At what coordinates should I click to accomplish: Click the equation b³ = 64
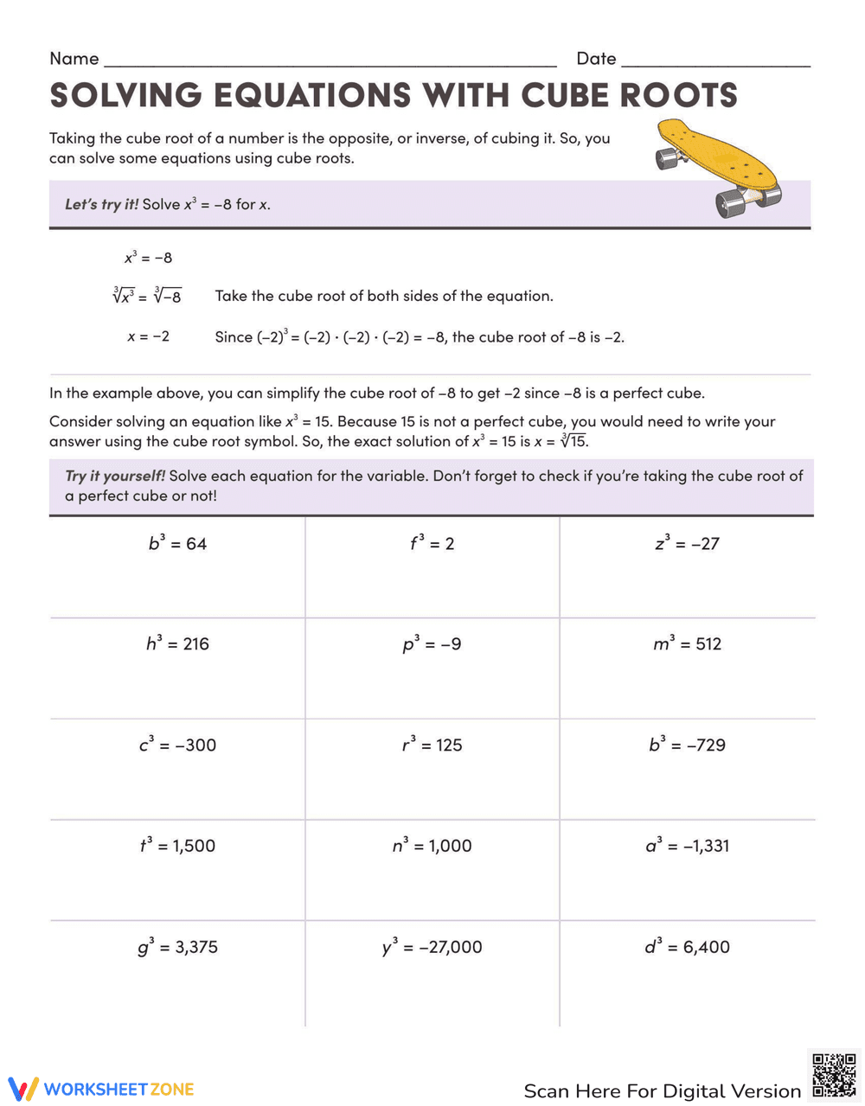point(177,544)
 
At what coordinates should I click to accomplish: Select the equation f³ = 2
point(432,544)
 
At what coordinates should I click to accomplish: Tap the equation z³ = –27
point(687,544)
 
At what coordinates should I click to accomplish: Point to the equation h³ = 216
point(177,644)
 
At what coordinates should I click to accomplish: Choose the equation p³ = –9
point(432,644)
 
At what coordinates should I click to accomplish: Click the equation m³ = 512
point(687,644)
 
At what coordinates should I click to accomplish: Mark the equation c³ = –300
point(177,745)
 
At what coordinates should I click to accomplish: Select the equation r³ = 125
point(432,745)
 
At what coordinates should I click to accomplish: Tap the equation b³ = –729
point(687,745)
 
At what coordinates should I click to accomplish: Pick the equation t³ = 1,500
point(177,846)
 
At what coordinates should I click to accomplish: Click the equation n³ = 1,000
point(432,846)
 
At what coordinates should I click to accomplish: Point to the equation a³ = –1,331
point(687,846)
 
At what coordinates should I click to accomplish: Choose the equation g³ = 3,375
point(177,947)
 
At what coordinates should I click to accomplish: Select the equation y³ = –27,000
point(432,947)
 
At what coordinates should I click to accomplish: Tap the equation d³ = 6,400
point(687,947)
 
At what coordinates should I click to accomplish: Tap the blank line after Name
point(329,61)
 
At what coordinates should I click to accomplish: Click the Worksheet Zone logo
point(101,1089)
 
